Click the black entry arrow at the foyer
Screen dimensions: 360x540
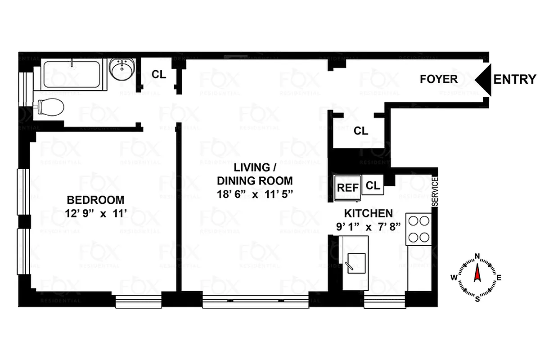click(484, 79)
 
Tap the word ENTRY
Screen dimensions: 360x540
click(515, 79)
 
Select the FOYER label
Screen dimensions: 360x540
click(438, 79)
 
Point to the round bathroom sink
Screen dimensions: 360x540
click(121, 70)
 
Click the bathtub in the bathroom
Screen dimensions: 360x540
click(74, 73)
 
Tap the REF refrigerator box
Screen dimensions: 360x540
click(348, 186)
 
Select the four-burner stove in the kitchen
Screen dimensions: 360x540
click(419, 229)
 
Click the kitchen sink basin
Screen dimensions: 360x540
click(356, 263)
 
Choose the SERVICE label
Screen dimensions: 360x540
click(435, 192)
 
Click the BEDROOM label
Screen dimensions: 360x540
click(95, 200)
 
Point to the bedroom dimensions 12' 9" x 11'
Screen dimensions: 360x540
click(95, 214)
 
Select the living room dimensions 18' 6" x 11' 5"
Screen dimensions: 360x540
click(255, 194)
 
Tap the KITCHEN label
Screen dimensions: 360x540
click(369, 213)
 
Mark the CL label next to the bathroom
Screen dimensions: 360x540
click(158, 74)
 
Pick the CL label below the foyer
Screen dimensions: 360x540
click(361, 131)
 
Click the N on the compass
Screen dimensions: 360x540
click(477, 258)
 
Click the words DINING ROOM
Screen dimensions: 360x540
click(255, 181)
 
